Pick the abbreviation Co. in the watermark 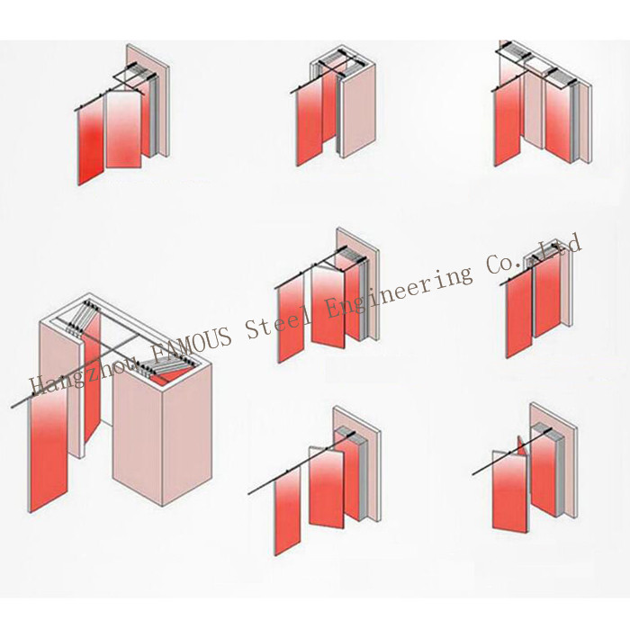(x=506, y=263)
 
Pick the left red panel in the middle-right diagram (x=519, y=315)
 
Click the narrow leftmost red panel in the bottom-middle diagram (x=287, y=511)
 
